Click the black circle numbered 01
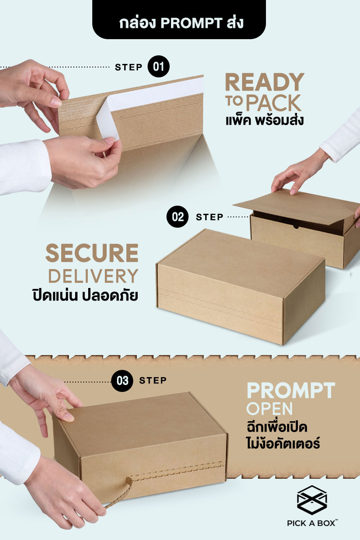click(158, 67)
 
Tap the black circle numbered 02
click(177, 217)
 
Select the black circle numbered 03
click(122, 381)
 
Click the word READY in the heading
click(265, 82)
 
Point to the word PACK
click(274, 103)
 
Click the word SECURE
click(92, 252)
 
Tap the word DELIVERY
click(93, 276)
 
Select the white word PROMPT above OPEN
click(291, 390)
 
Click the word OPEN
click(270, 409)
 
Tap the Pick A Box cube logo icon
click(312, 500)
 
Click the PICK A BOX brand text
click(312, 523)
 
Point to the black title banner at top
click(179, 19)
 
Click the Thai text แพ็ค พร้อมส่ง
click(265, 121)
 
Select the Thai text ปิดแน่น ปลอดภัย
click(85, 295)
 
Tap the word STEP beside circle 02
click(210, 217)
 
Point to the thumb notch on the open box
click(296, 227)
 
